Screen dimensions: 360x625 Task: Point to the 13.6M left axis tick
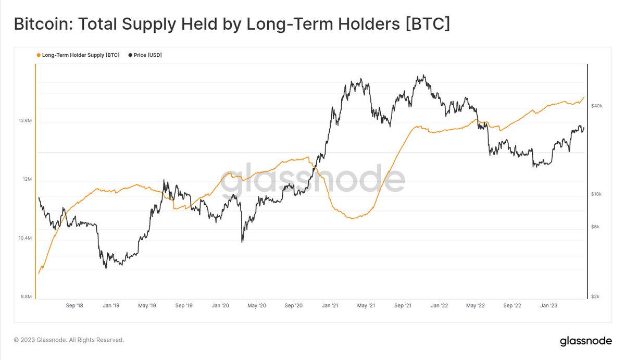coord(25,121)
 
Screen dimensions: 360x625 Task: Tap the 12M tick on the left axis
coord(27,180)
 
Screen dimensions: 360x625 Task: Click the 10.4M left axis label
coord(25,238)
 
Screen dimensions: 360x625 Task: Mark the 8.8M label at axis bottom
coord(27,296)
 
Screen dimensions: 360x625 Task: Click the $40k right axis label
coord(597,106)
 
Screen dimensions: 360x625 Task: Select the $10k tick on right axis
coord(597,194)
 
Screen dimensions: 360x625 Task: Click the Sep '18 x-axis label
coord(74,306)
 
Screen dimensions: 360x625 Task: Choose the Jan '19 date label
coord(111,306)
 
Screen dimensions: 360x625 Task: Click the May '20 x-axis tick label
coord(257,306)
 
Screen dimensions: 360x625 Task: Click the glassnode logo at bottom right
coord(586,341)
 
